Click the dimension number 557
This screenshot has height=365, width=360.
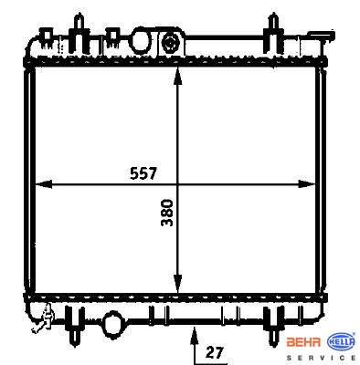143,173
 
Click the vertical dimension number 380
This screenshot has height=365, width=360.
167,213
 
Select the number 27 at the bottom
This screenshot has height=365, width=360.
215,352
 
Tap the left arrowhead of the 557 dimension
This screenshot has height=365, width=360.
44,184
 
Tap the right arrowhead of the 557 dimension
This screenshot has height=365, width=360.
306,184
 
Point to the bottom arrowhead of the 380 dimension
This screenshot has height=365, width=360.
177,283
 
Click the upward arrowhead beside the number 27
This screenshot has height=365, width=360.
194,334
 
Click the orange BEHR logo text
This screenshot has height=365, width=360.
303,342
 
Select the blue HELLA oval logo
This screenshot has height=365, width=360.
341,342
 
